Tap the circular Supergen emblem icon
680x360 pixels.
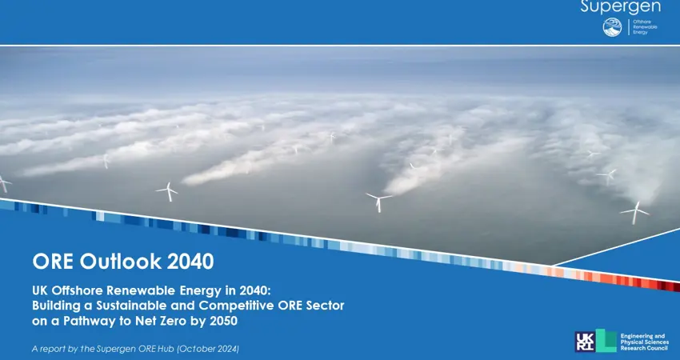[611, 27]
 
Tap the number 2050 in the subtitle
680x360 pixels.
[221, 321]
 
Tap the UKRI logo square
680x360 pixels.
[585, 341]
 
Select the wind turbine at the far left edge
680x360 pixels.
[3, 183]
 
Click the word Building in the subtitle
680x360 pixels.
[56, 306]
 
